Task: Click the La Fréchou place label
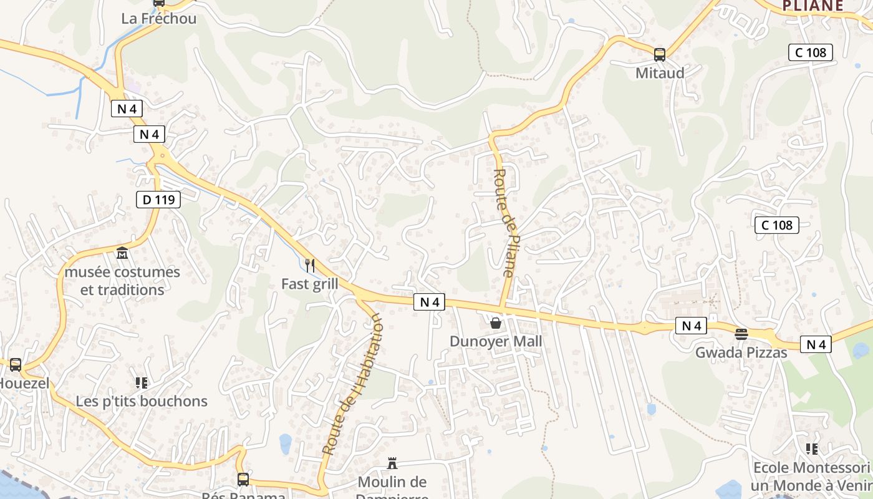(158, 19)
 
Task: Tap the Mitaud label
(660, 73)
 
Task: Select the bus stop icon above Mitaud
(660, 55)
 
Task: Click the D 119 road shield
(158, 200)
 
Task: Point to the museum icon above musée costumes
(122, 254)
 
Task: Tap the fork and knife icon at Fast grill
(310, 266)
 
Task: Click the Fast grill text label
(310, 284)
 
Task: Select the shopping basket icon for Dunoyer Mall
(496, 323)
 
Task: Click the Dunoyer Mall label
(496, 342)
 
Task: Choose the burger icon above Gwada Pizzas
(741, 334)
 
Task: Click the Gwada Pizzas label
(741, 352)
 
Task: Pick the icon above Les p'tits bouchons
(142, 382)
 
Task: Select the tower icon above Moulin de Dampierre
(392, 463)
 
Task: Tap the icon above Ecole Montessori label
(811, 448)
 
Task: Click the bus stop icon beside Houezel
(16, 365)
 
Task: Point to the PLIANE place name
(813, 6)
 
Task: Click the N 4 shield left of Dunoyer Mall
(429, 302)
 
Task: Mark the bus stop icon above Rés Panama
(243, 479)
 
